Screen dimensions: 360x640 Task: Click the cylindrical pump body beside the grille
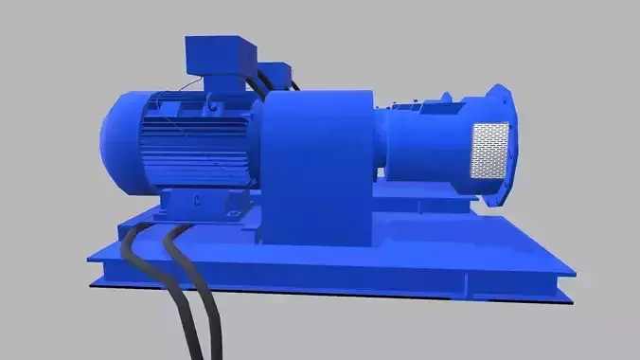[x=426, y=152]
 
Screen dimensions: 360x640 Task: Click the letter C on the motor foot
[x=196, y=202]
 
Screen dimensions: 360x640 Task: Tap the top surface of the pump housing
[x=421, y=109]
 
